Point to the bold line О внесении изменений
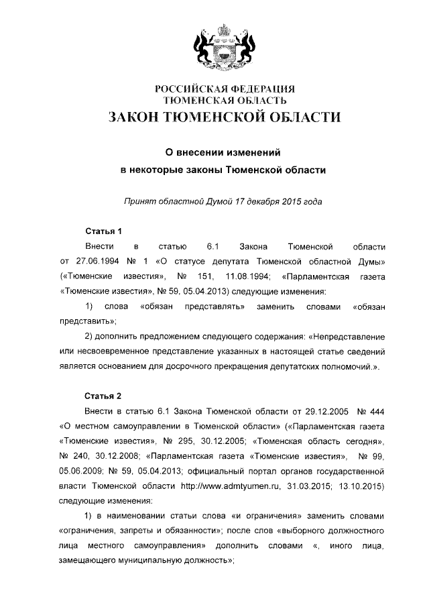point(222,152)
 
